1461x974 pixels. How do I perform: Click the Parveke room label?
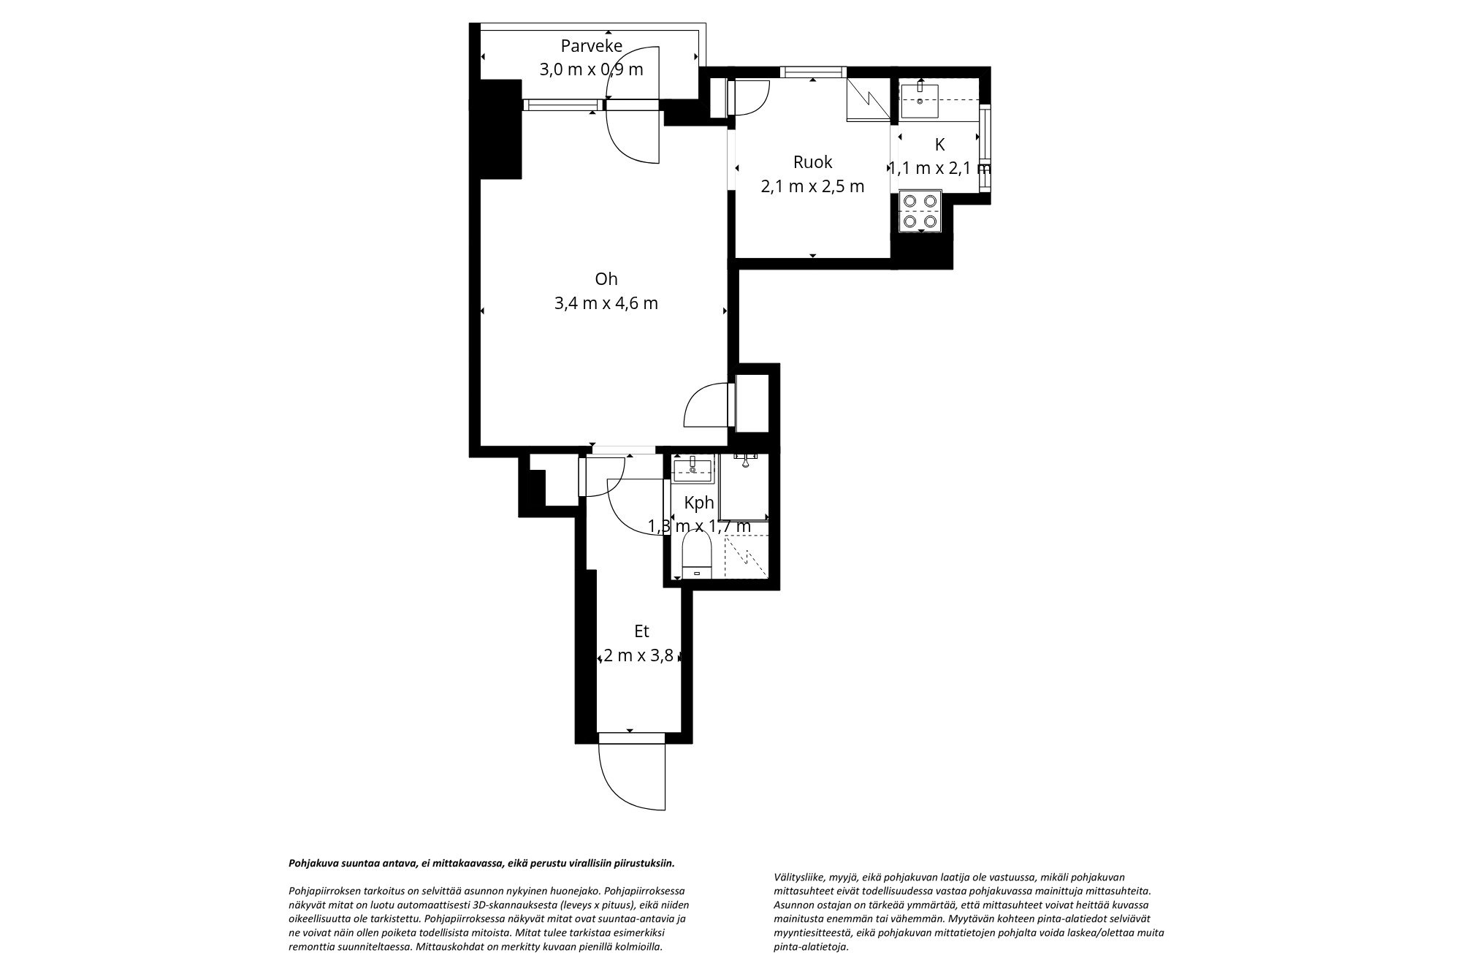tap(591, 46)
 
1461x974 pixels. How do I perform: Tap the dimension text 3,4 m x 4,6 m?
tap(606, 303)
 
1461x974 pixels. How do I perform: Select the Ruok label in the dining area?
tap(812, 161)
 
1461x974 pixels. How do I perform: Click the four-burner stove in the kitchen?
tap(920, 210)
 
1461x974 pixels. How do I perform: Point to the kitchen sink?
tap(920, 101)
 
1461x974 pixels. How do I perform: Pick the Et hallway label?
tap(641, 631)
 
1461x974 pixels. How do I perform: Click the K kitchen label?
tap(939, 145)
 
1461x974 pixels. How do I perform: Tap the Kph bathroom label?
tap(698, 503)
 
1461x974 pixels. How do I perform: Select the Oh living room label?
tap(606, 279)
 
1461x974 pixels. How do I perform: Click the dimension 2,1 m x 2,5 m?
tap(812, 186)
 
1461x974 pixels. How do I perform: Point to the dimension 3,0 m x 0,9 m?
tap(591, 70)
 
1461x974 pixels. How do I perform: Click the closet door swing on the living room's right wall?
tap(705, 406)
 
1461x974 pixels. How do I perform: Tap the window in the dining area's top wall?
tap(812, 72)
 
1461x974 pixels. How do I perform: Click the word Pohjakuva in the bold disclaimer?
tap(313, 863)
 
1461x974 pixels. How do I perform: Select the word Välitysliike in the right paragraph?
tap(798, 878)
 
